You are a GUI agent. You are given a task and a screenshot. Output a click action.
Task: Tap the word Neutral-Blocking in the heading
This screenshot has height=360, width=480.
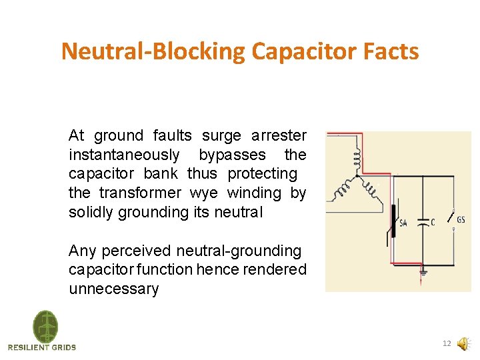coord(153,51)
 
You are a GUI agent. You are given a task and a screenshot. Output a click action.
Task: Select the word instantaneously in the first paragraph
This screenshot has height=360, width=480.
coord(124,155)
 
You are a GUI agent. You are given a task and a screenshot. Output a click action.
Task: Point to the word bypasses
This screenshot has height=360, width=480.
coord(232,155)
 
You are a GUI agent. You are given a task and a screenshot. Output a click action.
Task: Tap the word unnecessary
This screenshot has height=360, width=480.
coord(113,289)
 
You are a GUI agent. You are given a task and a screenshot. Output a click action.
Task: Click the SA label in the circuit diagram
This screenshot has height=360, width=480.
coord(403,223)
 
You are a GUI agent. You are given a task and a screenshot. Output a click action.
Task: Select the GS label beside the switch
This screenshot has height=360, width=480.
coord(461,220)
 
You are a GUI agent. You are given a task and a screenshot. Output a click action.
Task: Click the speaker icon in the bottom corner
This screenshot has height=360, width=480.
coord(462,344)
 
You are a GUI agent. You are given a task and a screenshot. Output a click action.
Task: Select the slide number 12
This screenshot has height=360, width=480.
coord(447,344)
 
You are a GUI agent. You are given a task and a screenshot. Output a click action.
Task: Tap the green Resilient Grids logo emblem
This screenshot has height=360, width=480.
coord(45,327)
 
